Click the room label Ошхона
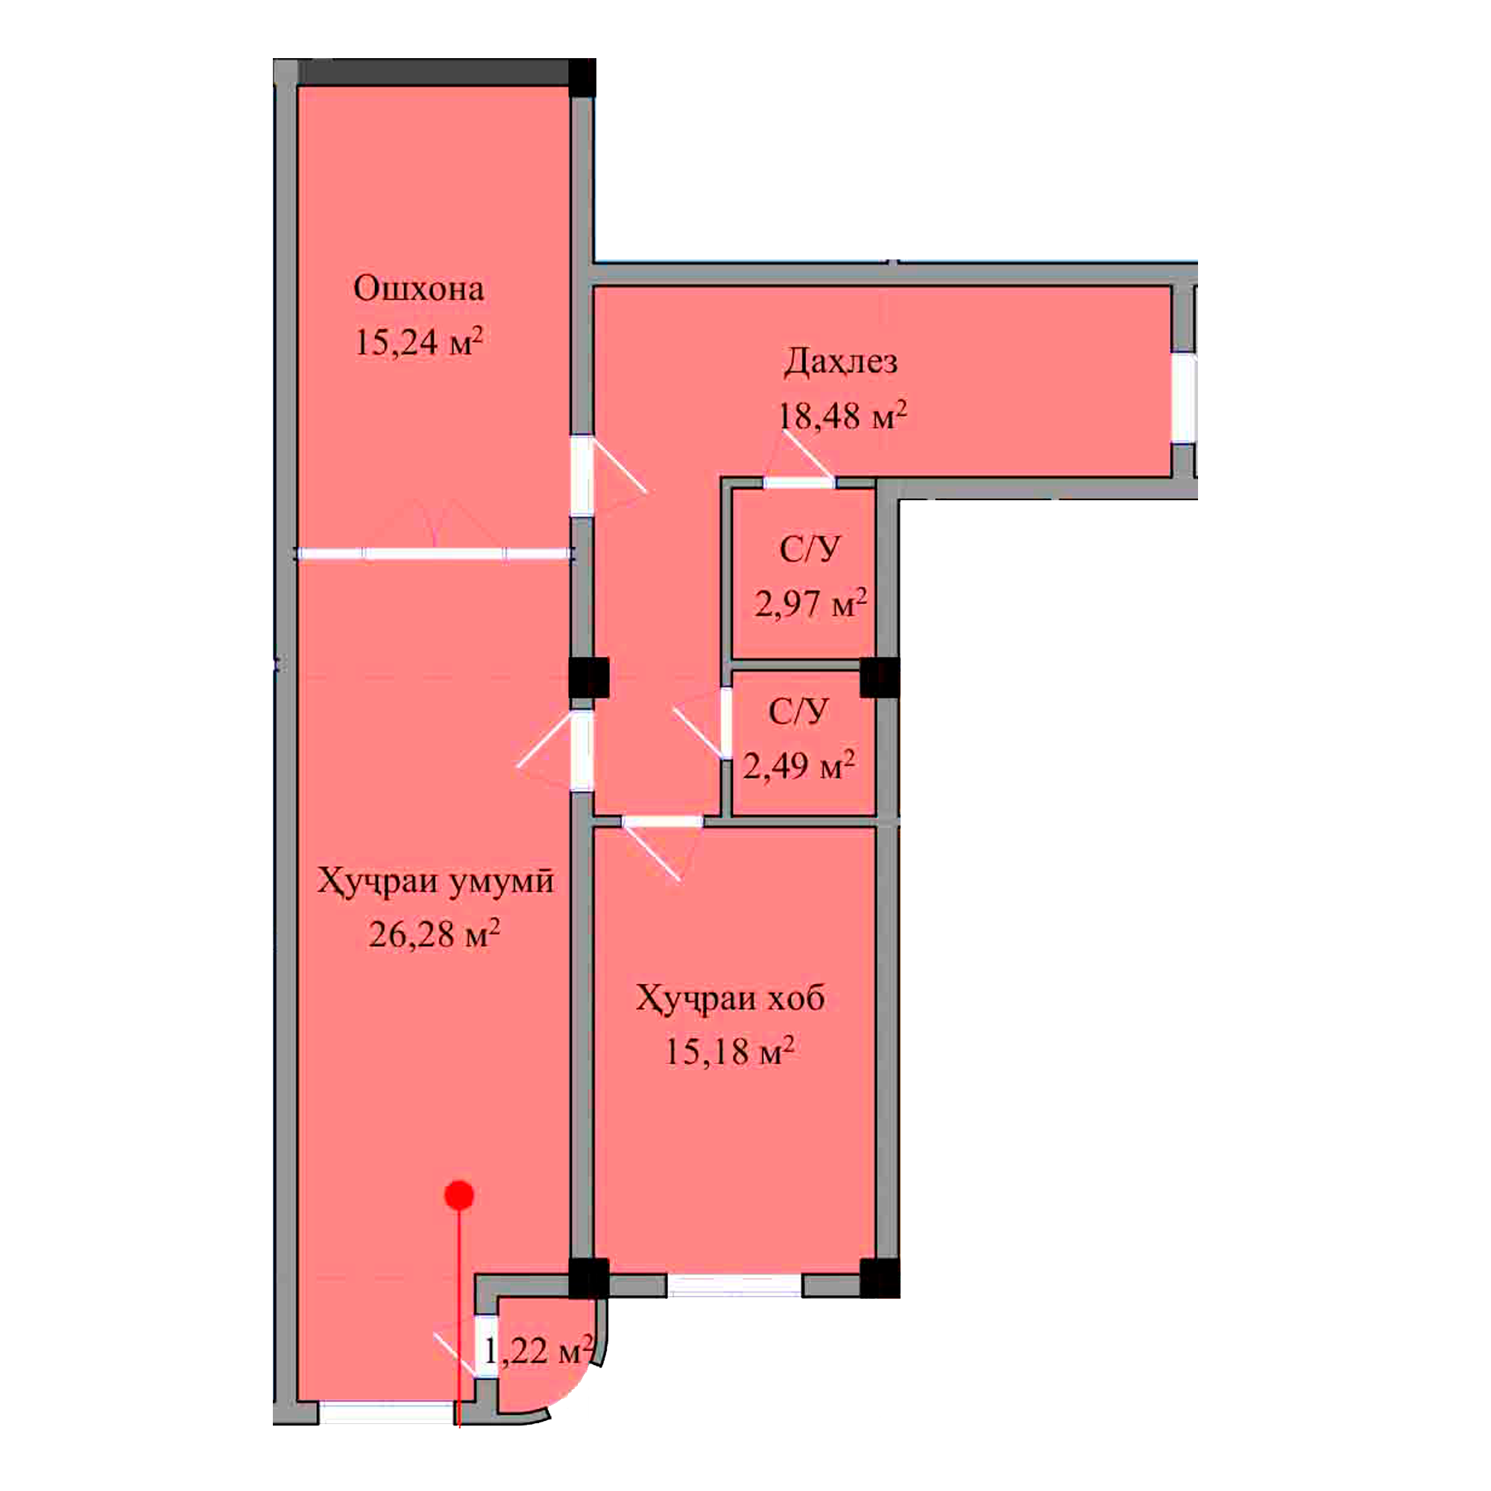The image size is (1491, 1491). (x=418, y=289)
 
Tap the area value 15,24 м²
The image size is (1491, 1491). (x=418, y=341)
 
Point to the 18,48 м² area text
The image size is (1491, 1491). (x=842, y=416)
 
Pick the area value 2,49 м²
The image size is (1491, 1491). (x=798, y=766)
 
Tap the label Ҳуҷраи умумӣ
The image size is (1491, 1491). (x=435, y=881)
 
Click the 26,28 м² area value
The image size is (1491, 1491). (x=434, y=935)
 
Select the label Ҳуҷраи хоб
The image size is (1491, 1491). (x=730, y=998)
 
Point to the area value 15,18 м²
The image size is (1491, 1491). (x=729, y=1051)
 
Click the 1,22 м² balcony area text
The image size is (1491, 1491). (x=539, y=1351)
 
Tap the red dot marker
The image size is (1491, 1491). (x=459, y=1196)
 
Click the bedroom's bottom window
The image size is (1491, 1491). (x=734, y=1285)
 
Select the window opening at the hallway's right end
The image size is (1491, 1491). (x=1184, y=397)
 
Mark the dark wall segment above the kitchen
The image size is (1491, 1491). (x=435, y=72)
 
